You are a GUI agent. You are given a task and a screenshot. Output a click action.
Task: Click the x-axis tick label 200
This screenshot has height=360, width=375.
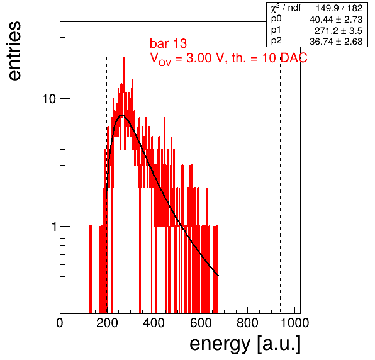coord(107,323)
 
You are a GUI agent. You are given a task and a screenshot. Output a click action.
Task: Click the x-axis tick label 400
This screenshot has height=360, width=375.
coord(154,323)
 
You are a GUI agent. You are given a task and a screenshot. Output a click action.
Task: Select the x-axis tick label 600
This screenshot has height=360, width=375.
coord(201,323)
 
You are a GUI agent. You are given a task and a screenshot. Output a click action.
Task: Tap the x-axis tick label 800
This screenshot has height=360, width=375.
coord(247,323)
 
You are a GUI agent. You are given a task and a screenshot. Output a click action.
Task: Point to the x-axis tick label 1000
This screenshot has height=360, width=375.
coord(294,323)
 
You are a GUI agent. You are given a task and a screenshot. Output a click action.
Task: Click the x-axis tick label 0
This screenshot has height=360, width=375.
coord(60,323)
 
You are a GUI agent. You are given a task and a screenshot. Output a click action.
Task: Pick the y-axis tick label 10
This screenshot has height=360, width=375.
coord(49,99)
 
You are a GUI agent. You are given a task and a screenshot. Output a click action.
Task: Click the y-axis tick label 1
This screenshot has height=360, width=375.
coord(54,227)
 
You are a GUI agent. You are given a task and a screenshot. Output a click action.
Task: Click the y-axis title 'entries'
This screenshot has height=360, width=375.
coord(15,51)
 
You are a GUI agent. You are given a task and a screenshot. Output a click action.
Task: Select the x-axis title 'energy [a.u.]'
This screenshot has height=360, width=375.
coord(245,344)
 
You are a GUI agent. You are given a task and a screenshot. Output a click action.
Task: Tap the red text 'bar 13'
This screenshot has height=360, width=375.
coord(169,43)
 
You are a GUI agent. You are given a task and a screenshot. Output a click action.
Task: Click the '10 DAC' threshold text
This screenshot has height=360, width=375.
coord(284,58)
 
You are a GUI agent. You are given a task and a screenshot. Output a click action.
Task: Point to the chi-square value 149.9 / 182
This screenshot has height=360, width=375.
coord(339,8)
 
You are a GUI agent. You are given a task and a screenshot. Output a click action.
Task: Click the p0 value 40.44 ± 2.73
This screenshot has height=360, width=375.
coord(336,20)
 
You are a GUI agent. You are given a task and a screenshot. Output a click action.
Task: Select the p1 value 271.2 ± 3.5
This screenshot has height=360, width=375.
coord(339,31)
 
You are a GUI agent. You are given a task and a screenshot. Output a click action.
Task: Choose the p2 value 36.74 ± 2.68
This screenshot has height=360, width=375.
coord(336,42)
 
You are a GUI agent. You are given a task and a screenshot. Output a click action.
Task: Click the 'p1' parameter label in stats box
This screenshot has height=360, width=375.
coord(276,30)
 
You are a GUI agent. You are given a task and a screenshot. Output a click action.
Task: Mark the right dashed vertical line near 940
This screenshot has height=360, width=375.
coord(281,186)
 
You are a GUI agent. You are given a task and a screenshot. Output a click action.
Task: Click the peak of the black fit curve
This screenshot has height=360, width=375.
coord(122,116)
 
